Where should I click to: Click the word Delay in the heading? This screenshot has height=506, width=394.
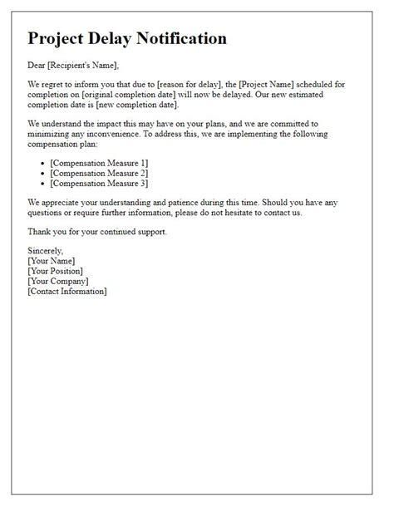[126, 38]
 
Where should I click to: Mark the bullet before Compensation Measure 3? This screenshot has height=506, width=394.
[43, 183]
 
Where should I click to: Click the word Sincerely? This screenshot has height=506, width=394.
[45, 251]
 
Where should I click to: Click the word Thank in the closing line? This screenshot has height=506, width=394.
[40, 230]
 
